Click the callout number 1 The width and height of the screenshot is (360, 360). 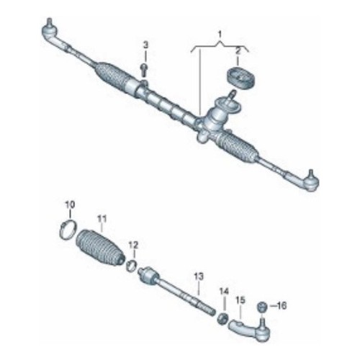click(x=220, y=35)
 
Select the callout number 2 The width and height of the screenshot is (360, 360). click(x=238, y=52)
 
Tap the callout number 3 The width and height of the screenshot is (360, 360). click(x=145, y=45)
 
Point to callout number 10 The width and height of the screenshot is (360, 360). click(x=70, y=205)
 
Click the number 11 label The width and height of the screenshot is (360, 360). click(x=102, y=219)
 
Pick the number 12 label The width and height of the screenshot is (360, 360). click(x=133, y=246)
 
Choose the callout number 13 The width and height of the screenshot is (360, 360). click(x=199, y=276)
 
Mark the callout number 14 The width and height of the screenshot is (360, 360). click(x=224, y=292)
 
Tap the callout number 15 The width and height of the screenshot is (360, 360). click(x=240, y=300)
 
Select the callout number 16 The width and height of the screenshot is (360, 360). click(x=282, y=306)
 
